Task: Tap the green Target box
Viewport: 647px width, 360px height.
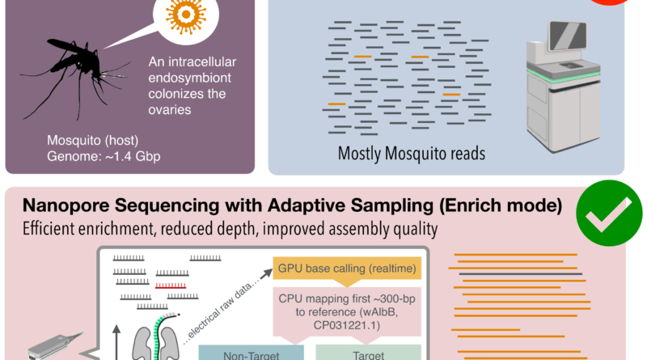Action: [x=368, y=352]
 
